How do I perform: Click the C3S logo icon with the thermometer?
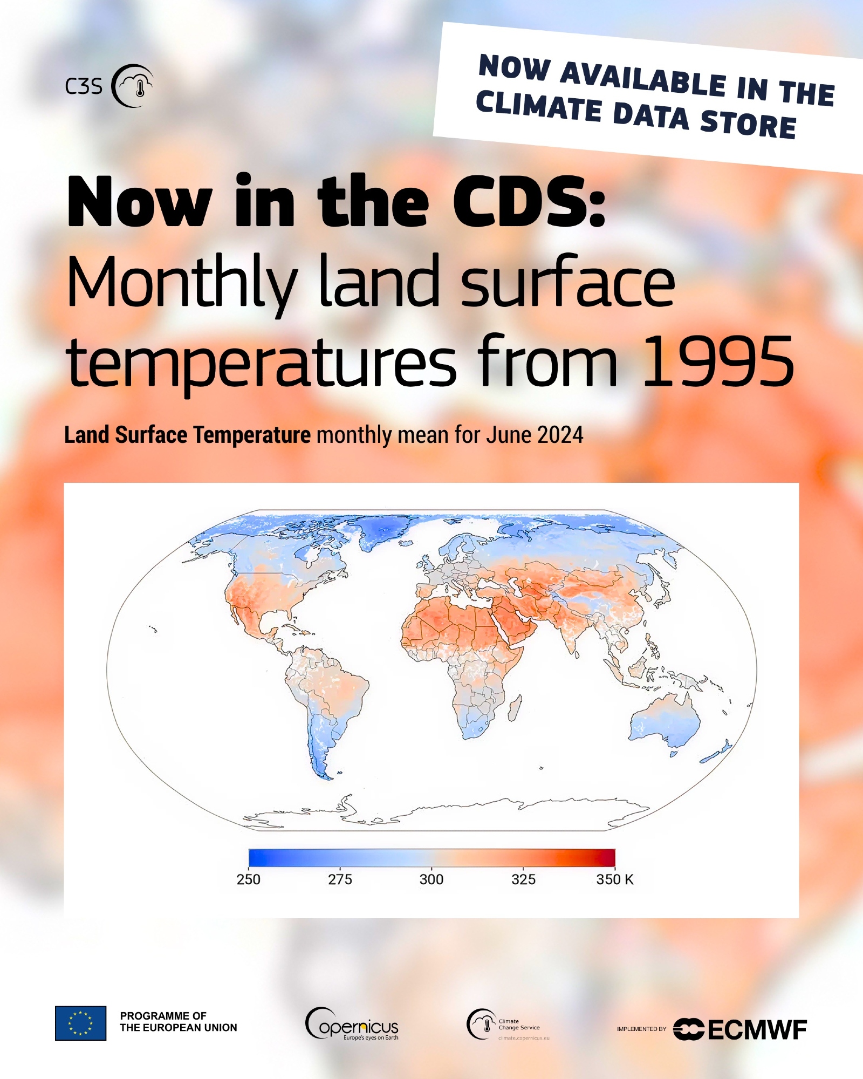coord(132,86)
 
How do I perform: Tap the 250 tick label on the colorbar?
coord(248,879)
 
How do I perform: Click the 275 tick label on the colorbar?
coord(340,879)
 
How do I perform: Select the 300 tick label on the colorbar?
coord(432,879)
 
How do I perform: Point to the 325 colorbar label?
coord(523,879)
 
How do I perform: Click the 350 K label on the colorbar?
coord(615,879)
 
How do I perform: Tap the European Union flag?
coord(81,1023)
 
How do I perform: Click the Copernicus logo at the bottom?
coord(352,1023)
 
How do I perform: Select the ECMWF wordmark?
coord(757,1030)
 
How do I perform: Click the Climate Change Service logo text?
coord(519,1025)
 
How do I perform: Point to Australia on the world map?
coord(665,719)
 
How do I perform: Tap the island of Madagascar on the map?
coord(515,708)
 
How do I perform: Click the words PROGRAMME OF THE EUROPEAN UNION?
coord(179,1022)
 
